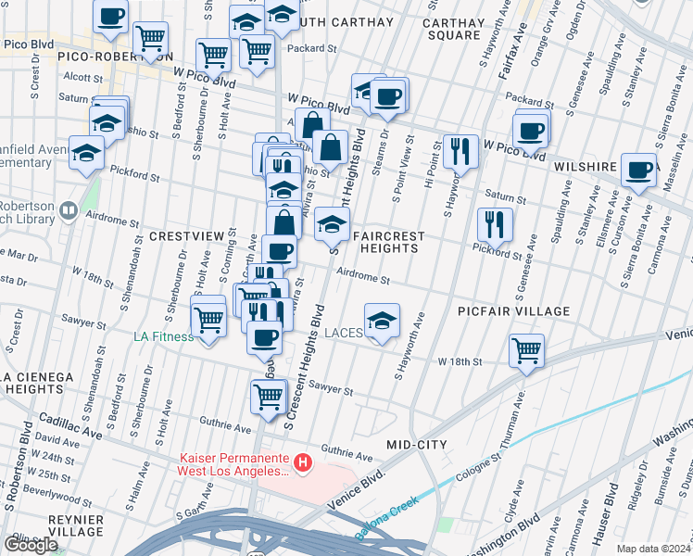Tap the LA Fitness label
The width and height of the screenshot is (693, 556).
point(164,336)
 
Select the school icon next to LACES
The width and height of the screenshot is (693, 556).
point(382,322)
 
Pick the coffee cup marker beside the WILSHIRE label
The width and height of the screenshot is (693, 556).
point(639,170)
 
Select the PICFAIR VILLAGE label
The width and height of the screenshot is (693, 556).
point(513,311)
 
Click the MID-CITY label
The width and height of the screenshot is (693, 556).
point(417,445)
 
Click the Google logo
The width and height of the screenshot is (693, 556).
point(31,545)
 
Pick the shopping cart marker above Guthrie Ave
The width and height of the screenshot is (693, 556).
point(268,396)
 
